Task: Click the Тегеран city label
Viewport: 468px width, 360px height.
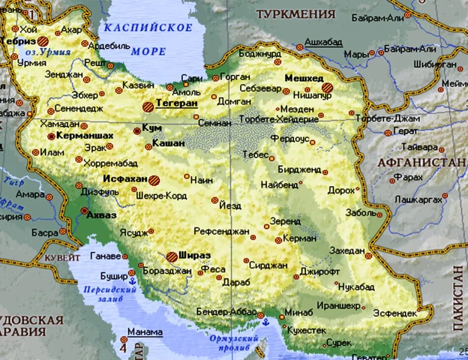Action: [176, 103]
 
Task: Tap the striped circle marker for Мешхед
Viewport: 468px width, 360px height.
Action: [328, 88]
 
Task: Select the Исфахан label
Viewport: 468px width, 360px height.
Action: [125, 179]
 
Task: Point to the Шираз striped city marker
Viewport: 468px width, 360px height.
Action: [171, 256]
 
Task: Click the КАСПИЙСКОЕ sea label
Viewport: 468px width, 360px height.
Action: [148, 28]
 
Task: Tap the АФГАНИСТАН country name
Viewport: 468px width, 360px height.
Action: [422, 162]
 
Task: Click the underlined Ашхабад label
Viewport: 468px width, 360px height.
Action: [323, 42]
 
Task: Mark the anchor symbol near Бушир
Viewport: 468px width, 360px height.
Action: [132, 282]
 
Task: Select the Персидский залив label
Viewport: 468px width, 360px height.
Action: [109, 294]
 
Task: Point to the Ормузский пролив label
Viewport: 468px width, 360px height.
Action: [234, 343]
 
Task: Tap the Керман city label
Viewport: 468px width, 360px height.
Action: [300, 238]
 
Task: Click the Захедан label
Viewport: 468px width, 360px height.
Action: [347, 250]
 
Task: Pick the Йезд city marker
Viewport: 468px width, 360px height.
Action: [215, 200]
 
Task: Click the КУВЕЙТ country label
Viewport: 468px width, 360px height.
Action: [62, 257]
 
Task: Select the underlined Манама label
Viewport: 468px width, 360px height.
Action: [145, 332]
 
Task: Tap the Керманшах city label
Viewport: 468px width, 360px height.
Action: [84, 135]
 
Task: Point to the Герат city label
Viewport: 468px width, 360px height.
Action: [405, 131]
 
